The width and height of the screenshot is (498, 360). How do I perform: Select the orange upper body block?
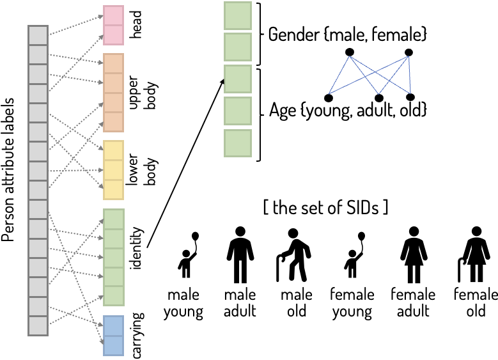click(x=113, y=93)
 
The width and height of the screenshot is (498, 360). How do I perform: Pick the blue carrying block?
click(x=113, y=335)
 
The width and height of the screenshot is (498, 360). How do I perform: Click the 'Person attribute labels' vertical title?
click(x=10, y=180)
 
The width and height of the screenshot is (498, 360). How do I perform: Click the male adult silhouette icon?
click(x=240, y=255)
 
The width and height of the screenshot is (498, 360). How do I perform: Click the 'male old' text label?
click(x=297, y=303)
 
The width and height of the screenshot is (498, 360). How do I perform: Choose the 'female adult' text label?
click(x=413, y=303)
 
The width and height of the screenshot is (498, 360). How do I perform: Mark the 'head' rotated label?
click(x=136, y=26)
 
